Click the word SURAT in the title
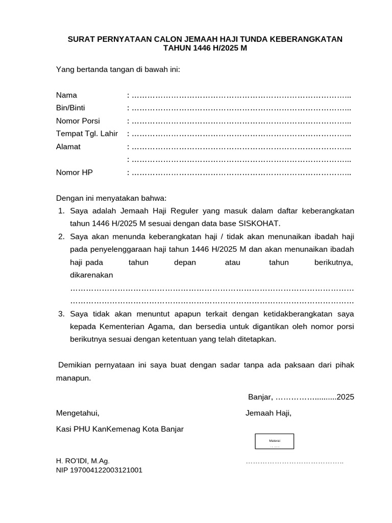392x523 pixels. click(81, 39)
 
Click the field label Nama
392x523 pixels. click(66, 95)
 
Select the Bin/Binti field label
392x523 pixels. click(70, 108)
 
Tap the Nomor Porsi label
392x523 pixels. click(78, 121)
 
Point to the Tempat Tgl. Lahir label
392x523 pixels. click(87, 134)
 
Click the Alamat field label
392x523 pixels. click(68, 147)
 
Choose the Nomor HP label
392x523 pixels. click(74, 173)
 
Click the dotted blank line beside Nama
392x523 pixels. click(241, 96)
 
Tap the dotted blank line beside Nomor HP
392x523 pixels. click(241, 173)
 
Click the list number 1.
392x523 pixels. click(60, 211)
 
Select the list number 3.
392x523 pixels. click(60, 313)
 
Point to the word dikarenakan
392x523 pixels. click(91, 275)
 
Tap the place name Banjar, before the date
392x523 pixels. click(261, 397)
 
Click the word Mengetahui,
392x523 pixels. click(78, 413)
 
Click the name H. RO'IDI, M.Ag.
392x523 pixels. click(83, 461)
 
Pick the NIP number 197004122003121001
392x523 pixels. click(99, 470)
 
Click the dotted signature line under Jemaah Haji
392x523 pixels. click(295, 462)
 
